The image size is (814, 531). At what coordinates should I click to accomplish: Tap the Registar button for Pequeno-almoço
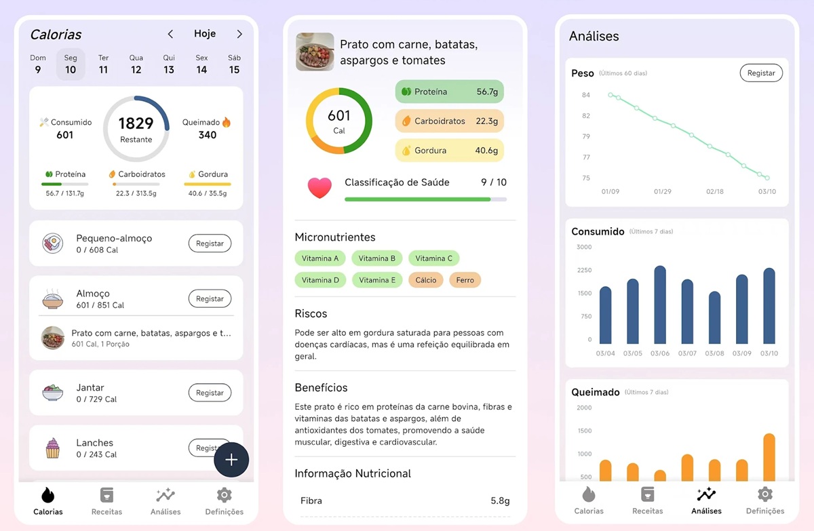click(x=210, y=243)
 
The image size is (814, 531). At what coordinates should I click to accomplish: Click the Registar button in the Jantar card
click(x=210, y=393)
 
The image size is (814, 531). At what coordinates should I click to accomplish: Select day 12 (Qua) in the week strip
click(x=136, y=64)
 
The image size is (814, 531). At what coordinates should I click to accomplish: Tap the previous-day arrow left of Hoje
click(x=171, y=34)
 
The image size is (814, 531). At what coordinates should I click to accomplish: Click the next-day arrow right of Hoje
click(x=239, y=34)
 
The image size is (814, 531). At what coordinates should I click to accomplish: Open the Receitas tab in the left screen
click(x=106, y=501)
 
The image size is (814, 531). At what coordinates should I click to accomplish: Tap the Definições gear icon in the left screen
click(x=224, y=494)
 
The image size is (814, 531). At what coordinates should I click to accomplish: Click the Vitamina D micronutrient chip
click(x=320, y=279)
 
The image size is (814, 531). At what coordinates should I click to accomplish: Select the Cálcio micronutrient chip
click(x=426, y=279)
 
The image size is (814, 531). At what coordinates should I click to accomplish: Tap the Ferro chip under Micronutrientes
click(x=465, y=279)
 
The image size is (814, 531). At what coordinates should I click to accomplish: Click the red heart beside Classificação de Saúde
click(x=319, y=188)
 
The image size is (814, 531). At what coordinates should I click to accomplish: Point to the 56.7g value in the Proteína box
click(x=487, y=92)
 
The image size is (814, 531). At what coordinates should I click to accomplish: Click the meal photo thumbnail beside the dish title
click(x=315, y=52)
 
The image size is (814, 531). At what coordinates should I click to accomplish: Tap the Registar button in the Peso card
click(x=761, y=73)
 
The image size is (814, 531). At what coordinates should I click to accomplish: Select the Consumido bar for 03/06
click(x=660, y=304)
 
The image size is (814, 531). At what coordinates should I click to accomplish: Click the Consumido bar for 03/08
click(x=714, y=317)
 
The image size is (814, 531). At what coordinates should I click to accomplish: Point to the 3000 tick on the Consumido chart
click(x=584, y=247)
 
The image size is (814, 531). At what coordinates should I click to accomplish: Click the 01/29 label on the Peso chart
click(x=663, y=192)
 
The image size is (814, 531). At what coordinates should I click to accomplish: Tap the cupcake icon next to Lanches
click(x=53, y=448)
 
